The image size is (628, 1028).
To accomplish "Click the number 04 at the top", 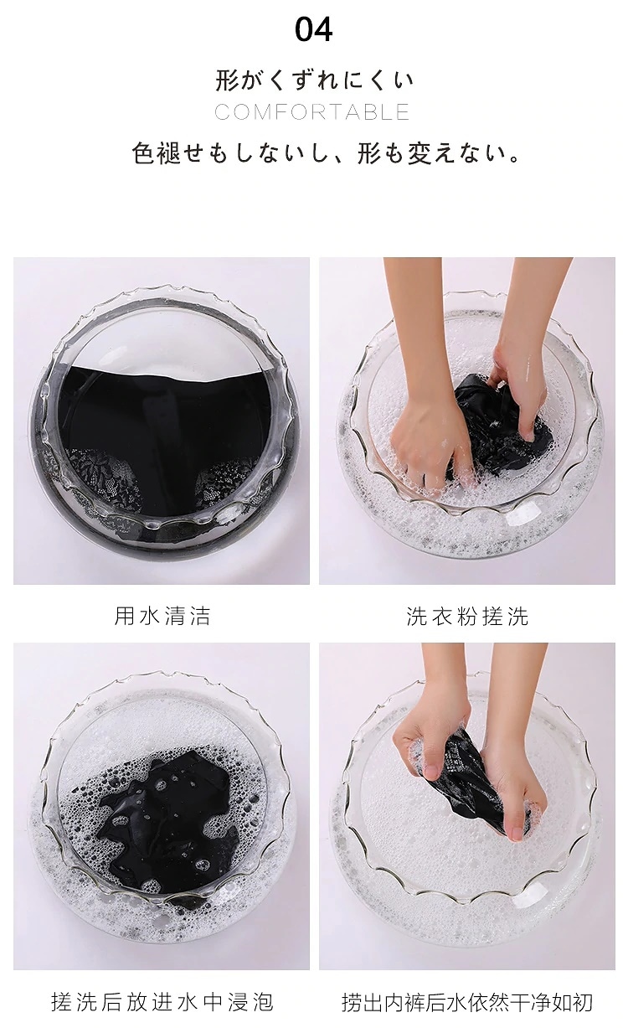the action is (313, 30).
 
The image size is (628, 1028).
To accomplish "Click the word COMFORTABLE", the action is (312, 112).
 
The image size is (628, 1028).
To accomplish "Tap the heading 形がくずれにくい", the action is (314, 80).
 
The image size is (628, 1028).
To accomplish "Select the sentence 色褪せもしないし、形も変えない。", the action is (326, 153).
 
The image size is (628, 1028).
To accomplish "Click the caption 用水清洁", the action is (162, 616).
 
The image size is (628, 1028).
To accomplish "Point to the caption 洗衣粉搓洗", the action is (467, 616).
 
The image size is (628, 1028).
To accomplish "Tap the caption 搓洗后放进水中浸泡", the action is (162, 1002).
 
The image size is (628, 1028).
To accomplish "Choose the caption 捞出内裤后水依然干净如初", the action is (467, 1002).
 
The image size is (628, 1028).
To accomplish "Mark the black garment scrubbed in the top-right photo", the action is (500, 426).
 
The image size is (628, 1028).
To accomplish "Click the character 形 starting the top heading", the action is (227, 80).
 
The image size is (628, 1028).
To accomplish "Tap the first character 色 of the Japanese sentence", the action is (142, 153).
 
